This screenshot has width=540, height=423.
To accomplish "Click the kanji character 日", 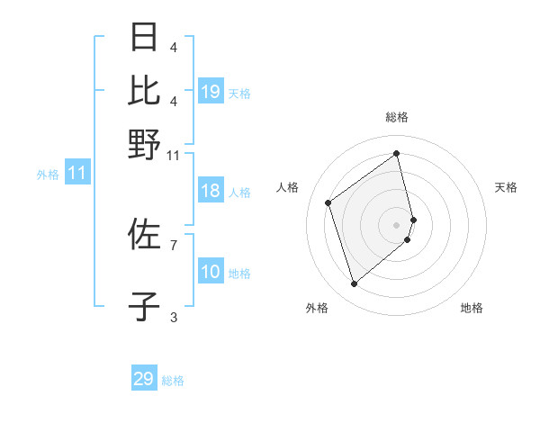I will pos(144,38).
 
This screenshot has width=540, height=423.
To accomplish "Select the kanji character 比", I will pos(144,90).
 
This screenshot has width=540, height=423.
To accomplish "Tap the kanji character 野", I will pos(144,143).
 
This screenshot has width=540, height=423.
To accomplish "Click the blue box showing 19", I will pos(211,92).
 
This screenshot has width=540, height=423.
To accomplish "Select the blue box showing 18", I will pos(211,191).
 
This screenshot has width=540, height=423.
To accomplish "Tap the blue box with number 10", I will pos(211,272).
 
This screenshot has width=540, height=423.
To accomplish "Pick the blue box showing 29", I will pos(144,379).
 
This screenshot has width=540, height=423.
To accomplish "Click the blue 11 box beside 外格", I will pos(76,173).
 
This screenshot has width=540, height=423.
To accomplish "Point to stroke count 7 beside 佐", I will pos(174,244).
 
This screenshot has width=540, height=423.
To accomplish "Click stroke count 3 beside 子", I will pos(174,316).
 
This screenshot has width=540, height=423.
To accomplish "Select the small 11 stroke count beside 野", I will pos(174,155).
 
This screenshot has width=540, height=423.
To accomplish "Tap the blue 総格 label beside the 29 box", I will pos(174,381).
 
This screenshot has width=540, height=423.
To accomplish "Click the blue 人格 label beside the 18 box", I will pos(239,193).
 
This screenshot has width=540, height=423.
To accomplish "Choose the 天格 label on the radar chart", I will pos(506,187).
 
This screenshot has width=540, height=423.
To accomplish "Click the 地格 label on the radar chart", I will pos(472,308).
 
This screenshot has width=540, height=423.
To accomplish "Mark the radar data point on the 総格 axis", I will pos(397,153).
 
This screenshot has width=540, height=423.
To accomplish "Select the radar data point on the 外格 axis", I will pos(354,284).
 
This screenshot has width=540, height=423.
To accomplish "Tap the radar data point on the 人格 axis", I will pos(328,202).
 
